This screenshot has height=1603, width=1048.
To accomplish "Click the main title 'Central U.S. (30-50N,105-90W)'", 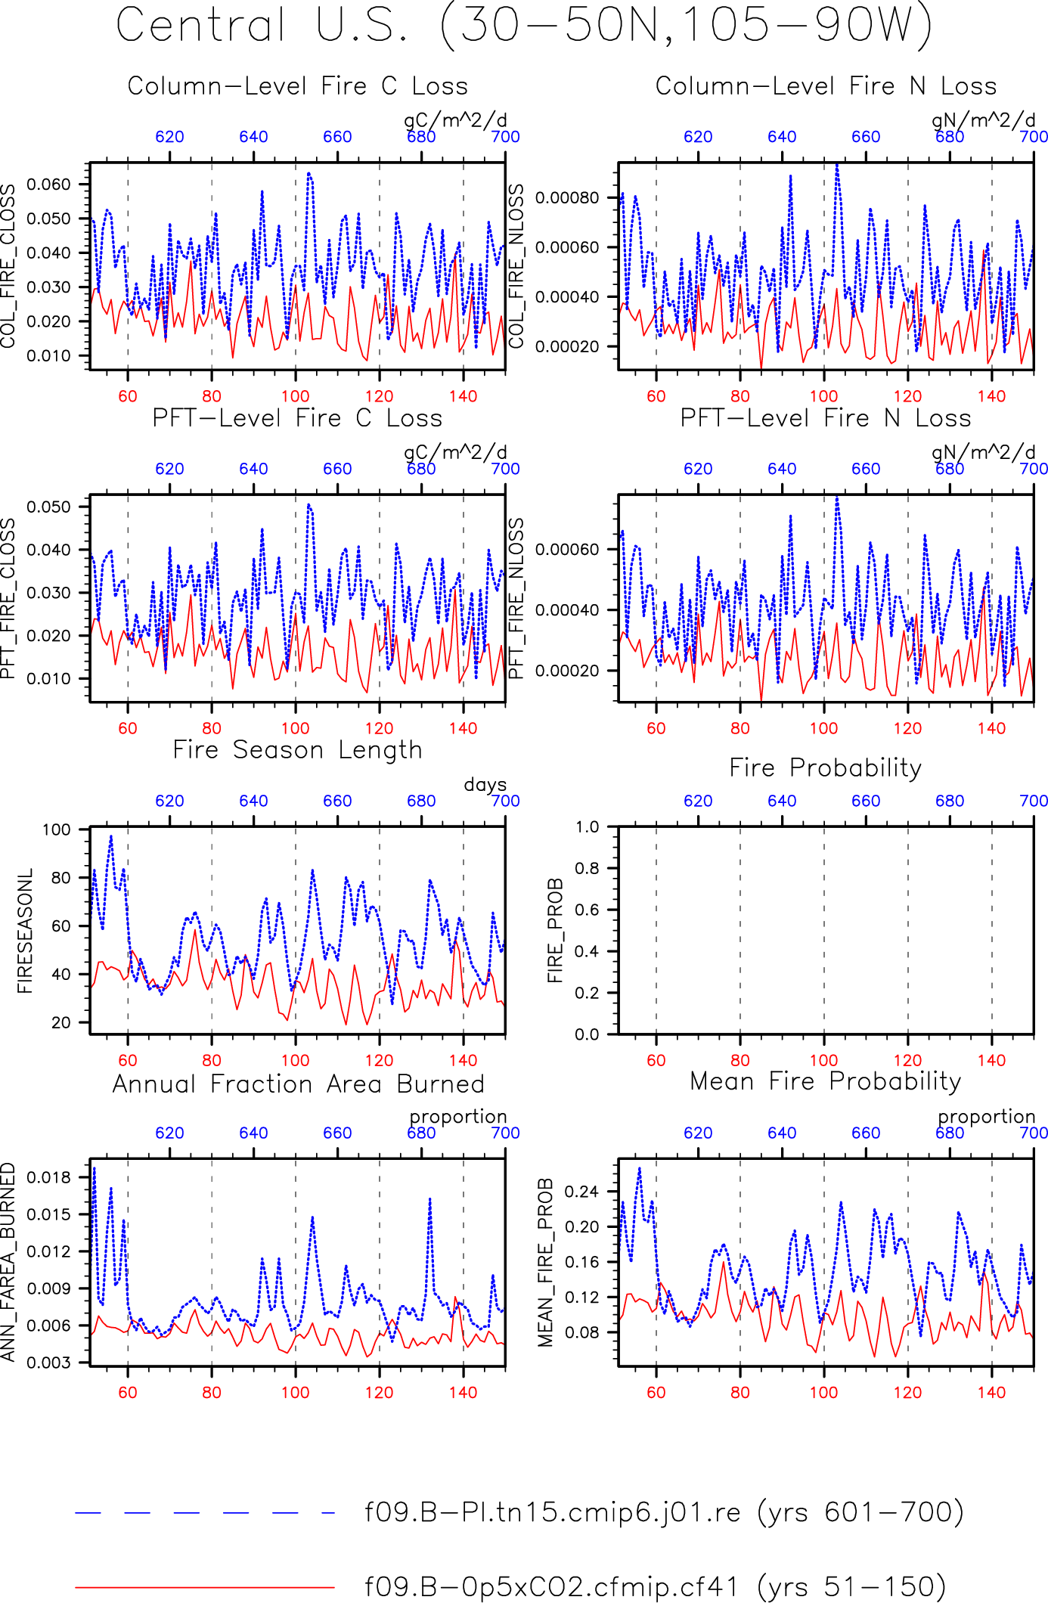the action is click(x=524, y=26).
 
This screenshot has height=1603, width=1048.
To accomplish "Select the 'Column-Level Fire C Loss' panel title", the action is click(x=297, y=86).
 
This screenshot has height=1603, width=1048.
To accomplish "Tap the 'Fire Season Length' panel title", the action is click(x=297, y=750).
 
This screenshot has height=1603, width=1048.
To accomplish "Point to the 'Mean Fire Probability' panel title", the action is click(x=825, y=1081).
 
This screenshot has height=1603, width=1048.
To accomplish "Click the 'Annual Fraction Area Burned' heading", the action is click(x=298, y=1084).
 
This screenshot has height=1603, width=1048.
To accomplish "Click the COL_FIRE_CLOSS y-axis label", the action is click(x=8, y=266).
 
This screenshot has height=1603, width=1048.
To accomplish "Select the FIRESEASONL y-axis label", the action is click(x=26, y=931).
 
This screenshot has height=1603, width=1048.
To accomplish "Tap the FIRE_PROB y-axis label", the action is click(x=555, y=930).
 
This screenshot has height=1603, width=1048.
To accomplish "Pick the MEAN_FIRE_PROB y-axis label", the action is click(x=546, y=1263).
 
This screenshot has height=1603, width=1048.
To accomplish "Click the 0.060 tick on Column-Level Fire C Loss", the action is click(x=48, y=184).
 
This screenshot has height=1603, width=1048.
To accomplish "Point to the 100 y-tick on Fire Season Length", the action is click(x=57, y=829).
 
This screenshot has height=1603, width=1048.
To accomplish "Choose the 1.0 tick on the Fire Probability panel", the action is click(x=588, y=826).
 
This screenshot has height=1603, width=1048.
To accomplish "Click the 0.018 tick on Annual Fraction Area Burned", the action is click(x=48, y=1177).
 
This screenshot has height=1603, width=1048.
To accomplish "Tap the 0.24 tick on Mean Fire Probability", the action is click(x=582, y=1192).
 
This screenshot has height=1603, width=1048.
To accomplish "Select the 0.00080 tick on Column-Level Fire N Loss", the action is click(x=567, y=198).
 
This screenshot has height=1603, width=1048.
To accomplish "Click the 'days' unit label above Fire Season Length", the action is click(x=485, y=785).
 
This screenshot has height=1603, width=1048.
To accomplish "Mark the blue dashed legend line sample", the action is click(x=205, y=1513).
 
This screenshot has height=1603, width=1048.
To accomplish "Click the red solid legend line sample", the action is click(x=205, y=1587).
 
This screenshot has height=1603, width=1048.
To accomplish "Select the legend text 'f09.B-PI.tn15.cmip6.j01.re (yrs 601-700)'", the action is click(x=664, y=1512).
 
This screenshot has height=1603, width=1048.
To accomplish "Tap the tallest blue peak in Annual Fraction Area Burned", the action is click(x=94, y=1168).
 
